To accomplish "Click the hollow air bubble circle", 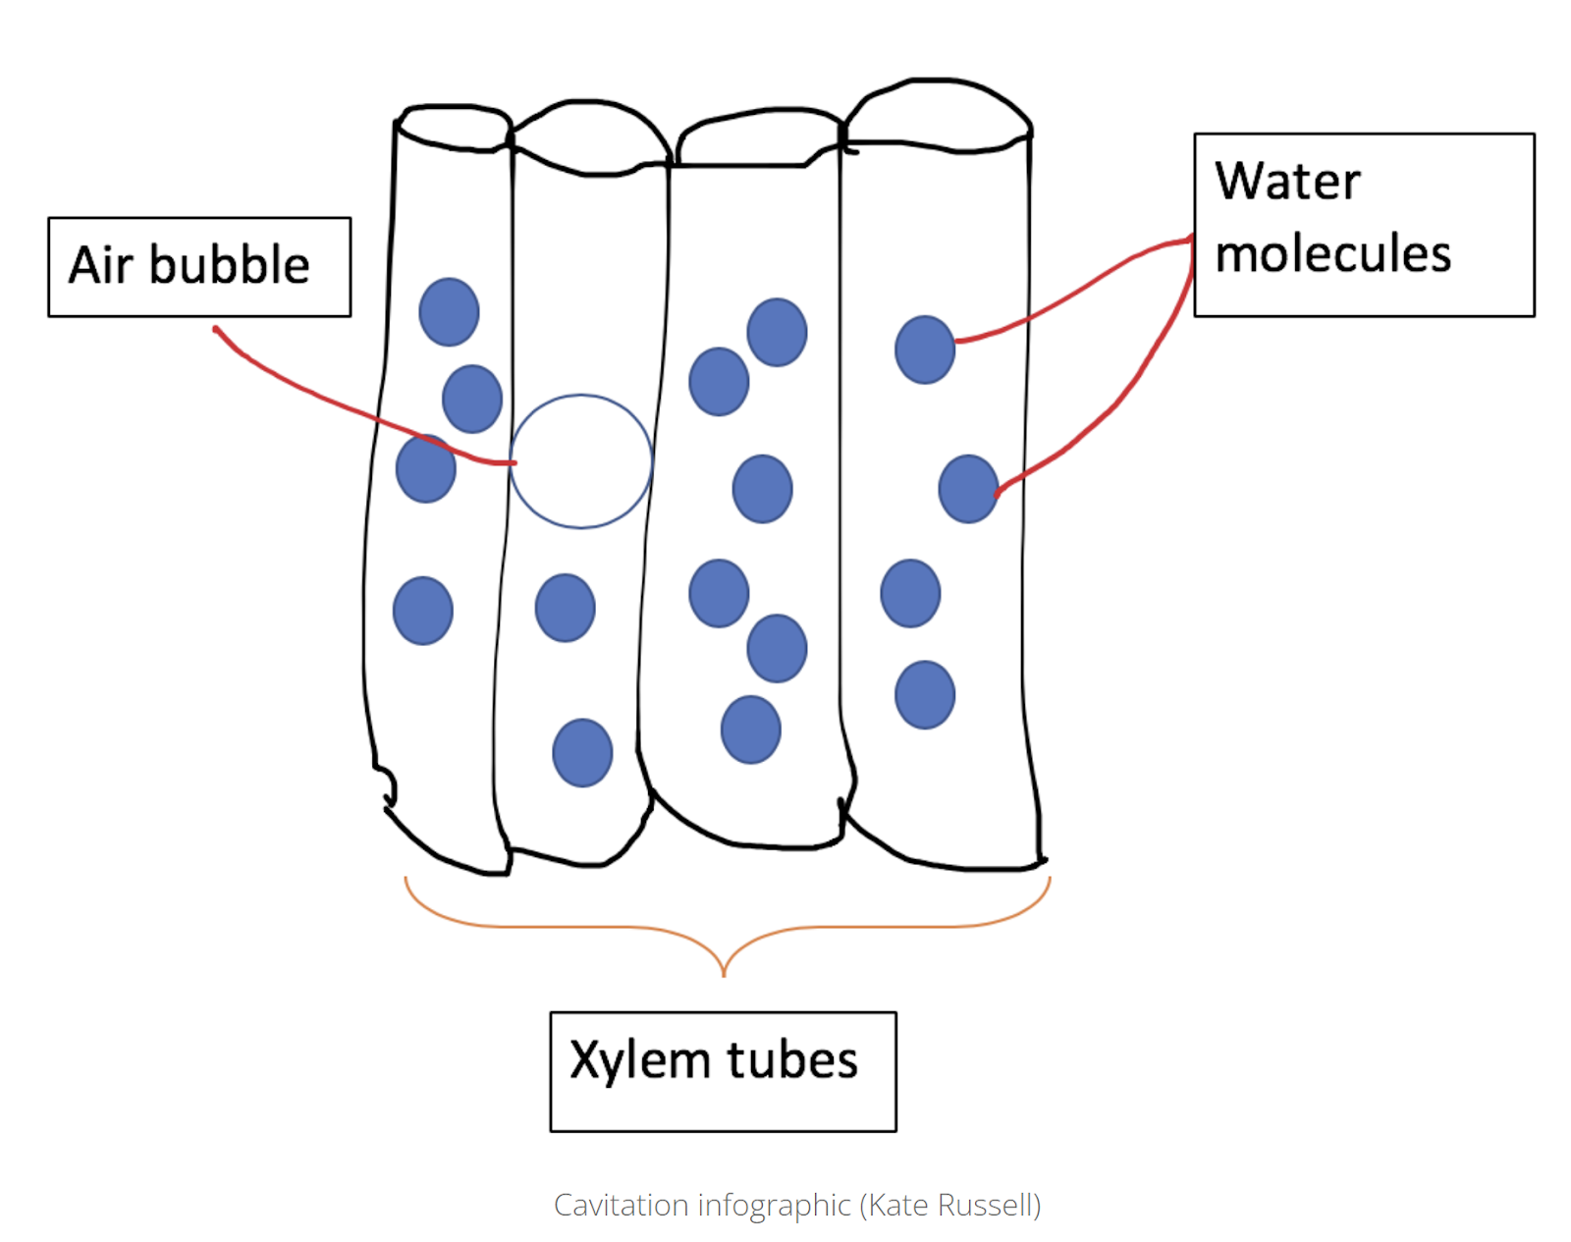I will tap(580, 461).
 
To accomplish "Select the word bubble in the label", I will tap(229, 265).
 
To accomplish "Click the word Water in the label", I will tap(1287, 182).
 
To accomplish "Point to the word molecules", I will tap(1332, 254).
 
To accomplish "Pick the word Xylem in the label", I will tap(640, 1061).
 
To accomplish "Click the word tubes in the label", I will tap(791, 1061).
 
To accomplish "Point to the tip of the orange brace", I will tap(724, 975).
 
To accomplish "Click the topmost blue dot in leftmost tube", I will tap(449, 312).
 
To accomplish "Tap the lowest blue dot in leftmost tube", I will tap(422, 611).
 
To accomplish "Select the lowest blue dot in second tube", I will tap(582, 753).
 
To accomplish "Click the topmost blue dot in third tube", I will tap(777, 332).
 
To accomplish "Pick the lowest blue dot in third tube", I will tap(750, 729).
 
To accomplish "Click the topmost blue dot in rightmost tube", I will tap(925, 350).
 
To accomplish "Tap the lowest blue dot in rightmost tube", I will tap(925, 695).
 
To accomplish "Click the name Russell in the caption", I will tap(987, 1205).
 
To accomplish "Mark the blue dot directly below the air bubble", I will tap(565, 608).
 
